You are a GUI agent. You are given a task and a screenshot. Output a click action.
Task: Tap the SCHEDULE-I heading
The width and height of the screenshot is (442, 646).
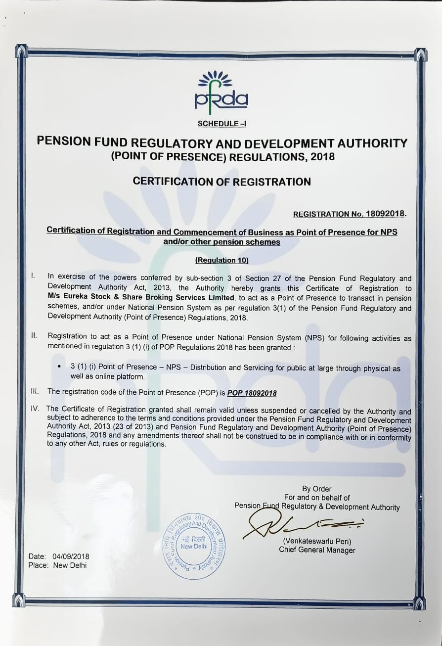tap(221, 124)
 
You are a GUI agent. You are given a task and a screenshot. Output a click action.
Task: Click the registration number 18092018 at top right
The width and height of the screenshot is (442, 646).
tap(385, 214)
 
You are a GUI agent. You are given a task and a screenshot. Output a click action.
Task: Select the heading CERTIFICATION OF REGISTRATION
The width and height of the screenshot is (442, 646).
tap(222, 182)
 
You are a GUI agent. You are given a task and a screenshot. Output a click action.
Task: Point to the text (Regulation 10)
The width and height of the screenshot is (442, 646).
tap(221, 260)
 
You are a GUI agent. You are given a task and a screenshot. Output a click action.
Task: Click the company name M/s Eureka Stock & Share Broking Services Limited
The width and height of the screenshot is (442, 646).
tap(141, 298)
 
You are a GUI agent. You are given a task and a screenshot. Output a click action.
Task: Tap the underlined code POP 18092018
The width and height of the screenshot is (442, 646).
tap(252, 393)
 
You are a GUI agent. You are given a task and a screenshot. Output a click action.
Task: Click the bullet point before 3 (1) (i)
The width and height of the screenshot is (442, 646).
tap(60, 367)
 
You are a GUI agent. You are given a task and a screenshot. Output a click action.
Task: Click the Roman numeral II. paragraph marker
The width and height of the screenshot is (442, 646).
tap(34, 336)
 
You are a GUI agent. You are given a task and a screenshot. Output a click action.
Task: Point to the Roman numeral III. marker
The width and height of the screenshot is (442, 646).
tap(35, 391)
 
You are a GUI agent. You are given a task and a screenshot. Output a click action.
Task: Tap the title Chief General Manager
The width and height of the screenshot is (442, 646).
tap(317, 550)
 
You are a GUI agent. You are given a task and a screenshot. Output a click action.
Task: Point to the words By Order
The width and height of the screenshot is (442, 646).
tap(317, 489)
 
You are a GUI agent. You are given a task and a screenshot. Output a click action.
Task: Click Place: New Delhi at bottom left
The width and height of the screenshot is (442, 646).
tap(57, 565)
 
